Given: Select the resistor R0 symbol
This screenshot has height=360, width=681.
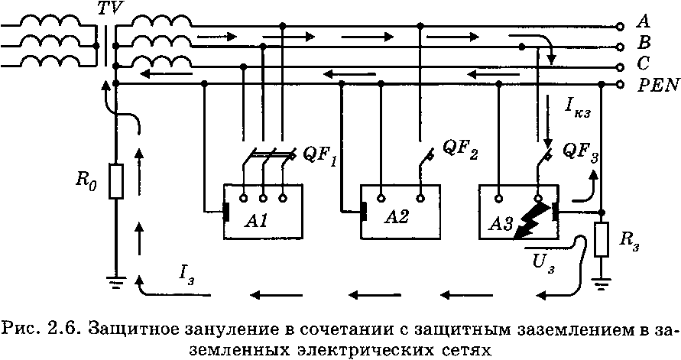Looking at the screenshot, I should (115, 180).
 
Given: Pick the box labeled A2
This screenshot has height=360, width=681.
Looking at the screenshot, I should (398, 212).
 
